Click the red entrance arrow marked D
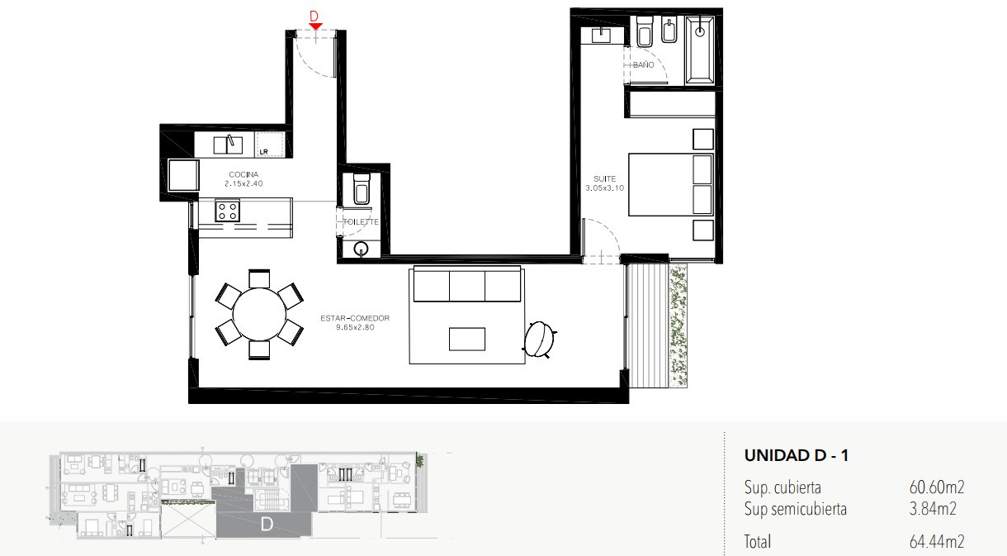315,26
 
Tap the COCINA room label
243,174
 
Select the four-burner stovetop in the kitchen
228,211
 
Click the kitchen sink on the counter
228,145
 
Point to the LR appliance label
264,152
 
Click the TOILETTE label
361,221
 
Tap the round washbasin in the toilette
361,249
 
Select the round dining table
259,314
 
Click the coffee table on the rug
467,339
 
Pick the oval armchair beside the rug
540,339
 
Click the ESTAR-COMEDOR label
355,318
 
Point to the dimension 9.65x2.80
355,327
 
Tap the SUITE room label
605,178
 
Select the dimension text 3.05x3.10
605,188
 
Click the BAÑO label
644,64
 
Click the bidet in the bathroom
670,31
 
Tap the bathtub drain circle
700,31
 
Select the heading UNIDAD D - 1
797,456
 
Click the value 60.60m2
937,487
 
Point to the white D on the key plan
267,524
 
